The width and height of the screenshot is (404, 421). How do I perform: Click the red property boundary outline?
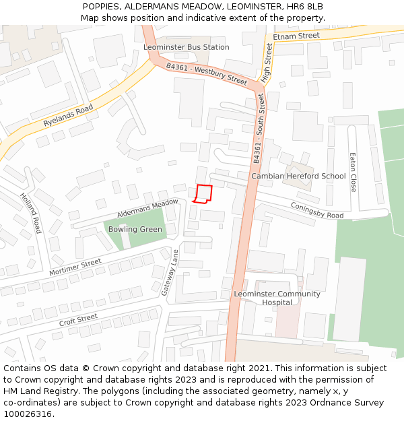point(203,193)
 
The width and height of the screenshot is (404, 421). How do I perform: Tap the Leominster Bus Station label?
point(187,47)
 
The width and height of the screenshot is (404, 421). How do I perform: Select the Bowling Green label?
point(135,229)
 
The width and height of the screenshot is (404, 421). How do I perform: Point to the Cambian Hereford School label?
point(298,176)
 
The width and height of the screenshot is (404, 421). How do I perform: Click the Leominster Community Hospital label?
point(277,298)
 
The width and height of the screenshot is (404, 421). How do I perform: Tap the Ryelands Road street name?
point(68,116)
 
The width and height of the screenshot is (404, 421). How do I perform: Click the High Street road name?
point(267,63)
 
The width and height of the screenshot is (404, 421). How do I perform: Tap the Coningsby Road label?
point(317,210)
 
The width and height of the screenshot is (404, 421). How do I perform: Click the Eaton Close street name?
point(352,172)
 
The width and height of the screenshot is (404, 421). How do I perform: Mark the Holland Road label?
point(30,213)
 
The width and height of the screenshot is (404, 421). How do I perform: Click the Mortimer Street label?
point(75,267)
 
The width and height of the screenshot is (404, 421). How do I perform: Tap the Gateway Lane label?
point(170,273)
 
